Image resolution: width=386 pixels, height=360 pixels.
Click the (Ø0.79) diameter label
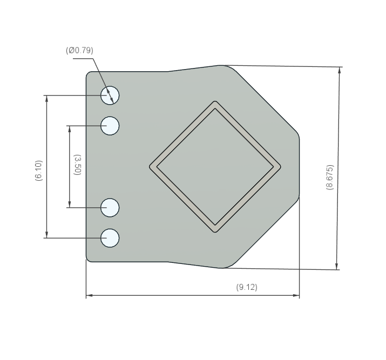(x=79, y=50)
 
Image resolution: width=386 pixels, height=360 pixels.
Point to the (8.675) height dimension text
(x=329, y=177)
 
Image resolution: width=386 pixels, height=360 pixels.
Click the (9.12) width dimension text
(x=247, y=287)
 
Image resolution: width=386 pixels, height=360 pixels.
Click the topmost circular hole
(x=110, y=95)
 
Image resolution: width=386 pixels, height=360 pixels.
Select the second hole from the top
(x=110, y=126)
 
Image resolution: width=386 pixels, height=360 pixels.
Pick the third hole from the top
(x=110, y=207)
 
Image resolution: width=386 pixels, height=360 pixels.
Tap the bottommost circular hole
(x=110, y=237)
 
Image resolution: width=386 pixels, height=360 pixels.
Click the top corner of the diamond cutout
(x=215, y=102)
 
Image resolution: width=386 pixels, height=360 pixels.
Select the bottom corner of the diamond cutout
(x=215, y=231)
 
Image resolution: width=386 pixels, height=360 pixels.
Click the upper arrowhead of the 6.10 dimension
(x=46, y=98)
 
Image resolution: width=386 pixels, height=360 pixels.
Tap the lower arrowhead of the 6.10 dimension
(x=46, y=235)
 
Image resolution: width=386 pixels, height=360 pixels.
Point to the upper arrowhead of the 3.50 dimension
(x=69, y=129)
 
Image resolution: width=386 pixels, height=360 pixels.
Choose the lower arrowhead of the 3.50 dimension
(x=69, y=205)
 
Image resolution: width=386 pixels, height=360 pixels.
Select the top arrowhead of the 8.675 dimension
(x=340, y=70)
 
